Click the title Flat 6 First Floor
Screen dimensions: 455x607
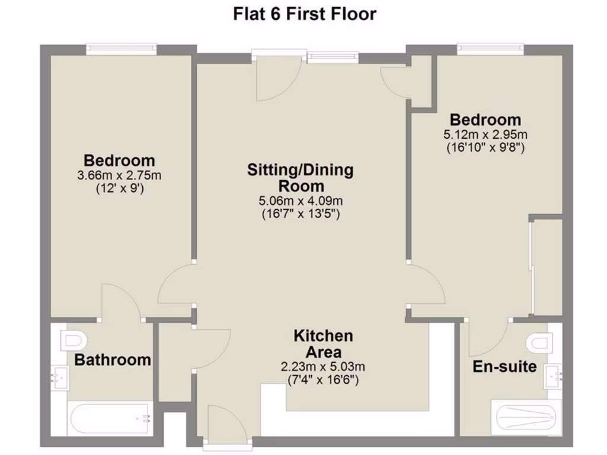304,14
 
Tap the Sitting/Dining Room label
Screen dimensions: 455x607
300,178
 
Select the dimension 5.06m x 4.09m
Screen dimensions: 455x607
300,201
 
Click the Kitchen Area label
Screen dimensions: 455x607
323,344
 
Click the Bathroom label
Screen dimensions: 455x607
113,360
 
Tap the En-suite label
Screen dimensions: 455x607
504,367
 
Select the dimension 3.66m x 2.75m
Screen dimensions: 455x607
119,175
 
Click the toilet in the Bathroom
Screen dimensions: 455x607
74,340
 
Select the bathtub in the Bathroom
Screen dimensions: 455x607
110,418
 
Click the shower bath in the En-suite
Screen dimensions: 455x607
525,417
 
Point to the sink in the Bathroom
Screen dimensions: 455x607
60,376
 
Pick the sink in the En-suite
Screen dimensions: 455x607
554,374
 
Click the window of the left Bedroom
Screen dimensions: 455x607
121,49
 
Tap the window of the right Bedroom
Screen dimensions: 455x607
494,49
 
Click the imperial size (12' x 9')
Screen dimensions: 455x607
119,189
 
